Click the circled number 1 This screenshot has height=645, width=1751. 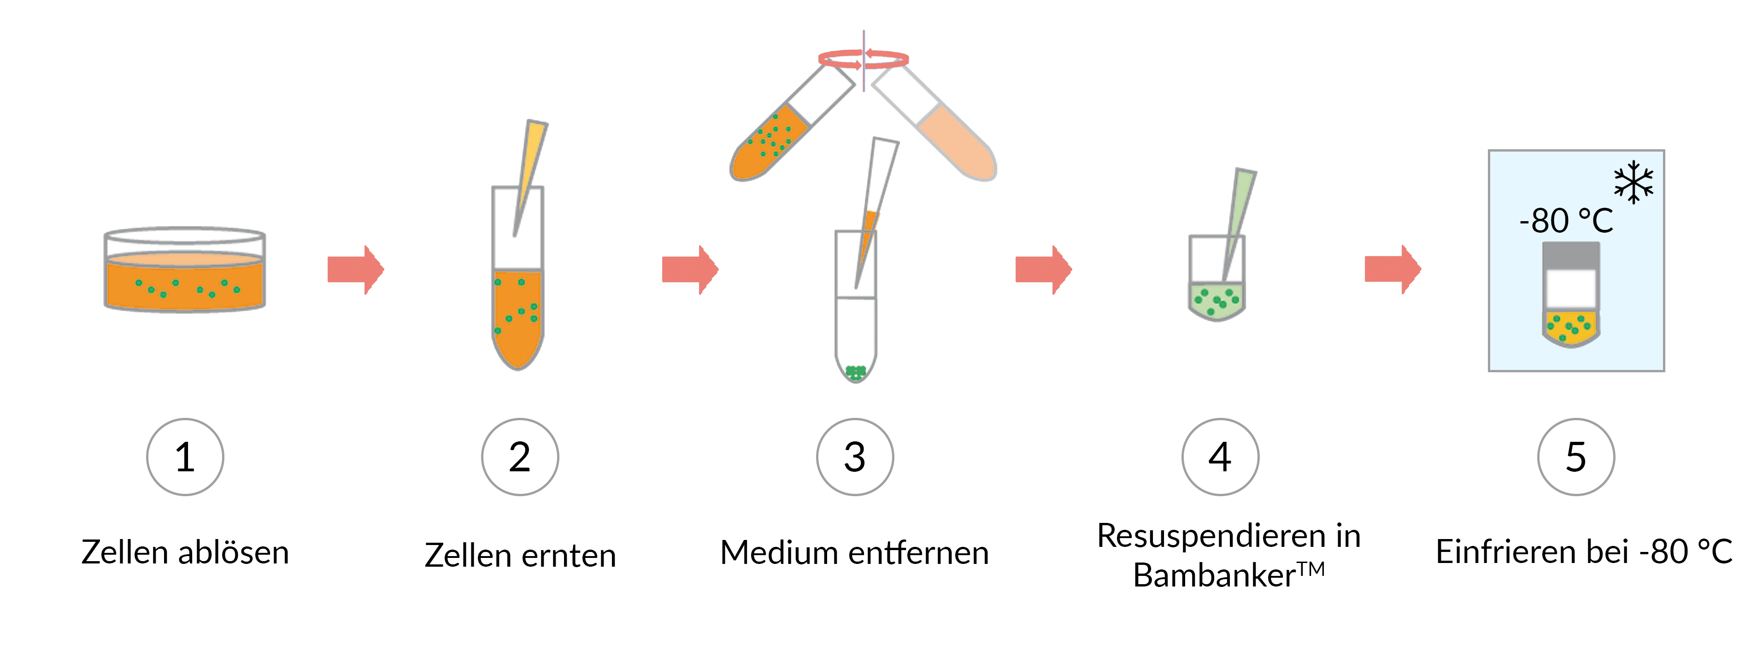tap(185, 457)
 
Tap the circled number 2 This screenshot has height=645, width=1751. tap(520, 457)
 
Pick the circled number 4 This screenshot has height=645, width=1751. tap(1220, 457)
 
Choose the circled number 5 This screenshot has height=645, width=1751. tap(1575, 457)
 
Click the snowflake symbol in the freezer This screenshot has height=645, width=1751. tap(1633, 182)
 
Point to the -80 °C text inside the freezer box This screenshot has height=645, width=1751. tap(1565, 221)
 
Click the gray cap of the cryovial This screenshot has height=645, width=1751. tap(1571, 255)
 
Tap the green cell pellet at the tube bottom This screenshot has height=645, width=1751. tap(855, 372)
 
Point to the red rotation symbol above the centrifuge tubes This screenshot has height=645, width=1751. tap(863, 60)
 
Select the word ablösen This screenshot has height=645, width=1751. tap(233, 552)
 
